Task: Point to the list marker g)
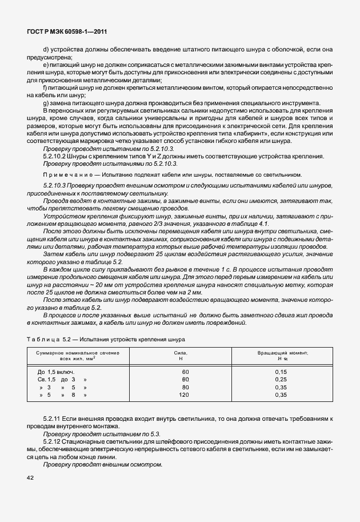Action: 46,102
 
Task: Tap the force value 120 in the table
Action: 184,395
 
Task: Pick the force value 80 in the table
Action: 185,387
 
